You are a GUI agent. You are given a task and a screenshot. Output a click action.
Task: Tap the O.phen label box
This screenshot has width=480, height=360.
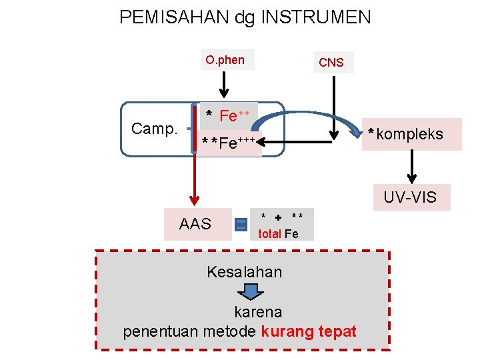pyautogui.click(x=225, y=60)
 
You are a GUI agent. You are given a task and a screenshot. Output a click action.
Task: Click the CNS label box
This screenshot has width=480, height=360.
pyautogui.click(x=331, y=63)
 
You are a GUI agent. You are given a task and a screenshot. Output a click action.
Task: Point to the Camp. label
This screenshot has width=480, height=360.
pyautogui.click(x=155, y=129)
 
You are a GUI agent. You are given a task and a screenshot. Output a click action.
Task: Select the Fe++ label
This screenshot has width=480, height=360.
pyautogui.click(x=229, y=116)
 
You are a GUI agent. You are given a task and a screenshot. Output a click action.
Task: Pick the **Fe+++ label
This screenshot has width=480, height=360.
pyautogui.click(x=231, y=143)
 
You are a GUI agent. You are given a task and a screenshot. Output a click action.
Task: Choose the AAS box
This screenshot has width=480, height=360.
pyautogui.click(x=195, y=224)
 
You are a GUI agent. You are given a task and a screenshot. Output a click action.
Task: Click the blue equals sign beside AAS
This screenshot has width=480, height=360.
pyautogui.click(x=241, y=225)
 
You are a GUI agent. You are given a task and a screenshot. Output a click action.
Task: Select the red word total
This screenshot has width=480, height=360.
pyautogui.click(x=269, y=234)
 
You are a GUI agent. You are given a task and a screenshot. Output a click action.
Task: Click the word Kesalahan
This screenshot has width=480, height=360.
pyautogui.click(x=244, y=272)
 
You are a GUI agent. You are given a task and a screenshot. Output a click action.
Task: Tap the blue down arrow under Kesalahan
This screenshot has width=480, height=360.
pyautogui.click(x=250, y=292)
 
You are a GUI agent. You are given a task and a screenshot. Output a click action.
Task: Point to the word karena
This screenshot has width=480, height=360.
pyautogui.click(x=258, y=312)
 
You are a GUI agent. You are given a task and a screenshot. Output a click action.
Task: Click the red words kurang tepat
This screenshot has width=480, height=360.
pyautogui.click(x=309, y=331)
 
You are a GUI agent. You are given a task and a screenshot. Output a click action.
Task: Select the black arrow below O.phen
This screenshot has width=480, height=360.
pyautogui.click(x=224, y=85)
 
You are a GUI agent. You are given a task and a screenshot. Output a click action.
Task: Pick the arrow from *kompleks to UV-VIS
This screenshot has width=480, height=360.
pyautogui.click(x=412, y=166)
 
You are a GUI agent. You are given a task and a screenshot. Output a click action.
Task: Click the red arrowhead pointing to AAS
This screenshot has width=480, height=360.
pyautogui.click(x=194, y=199)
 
